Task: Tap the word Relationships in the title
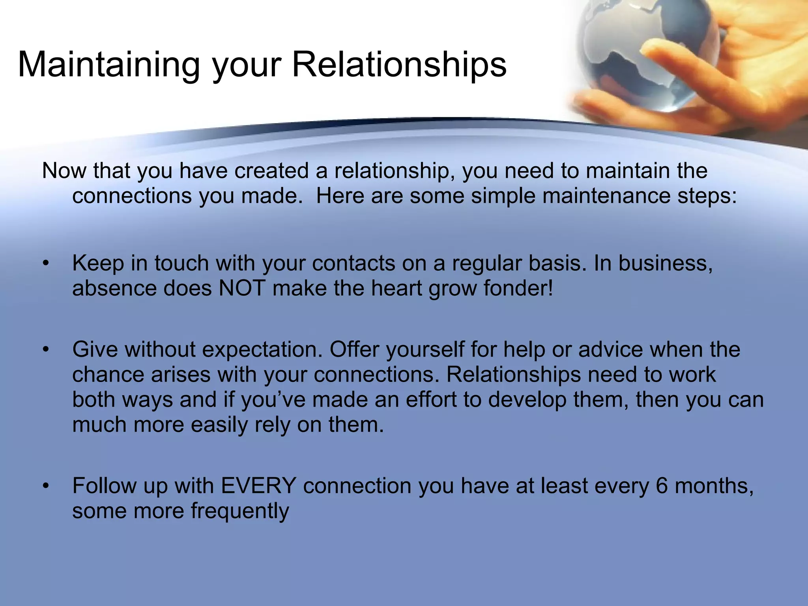coord(399,65)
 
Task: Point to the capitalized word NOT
coord(242,288)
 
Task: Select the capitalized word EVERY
coord(259,486)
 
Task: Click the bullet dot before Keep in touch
coord(46,264)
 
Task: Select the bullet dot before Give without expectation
coord(46,350)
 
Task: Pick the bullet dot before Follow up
coord(46,486)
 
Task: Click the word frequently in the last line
coord(240,511)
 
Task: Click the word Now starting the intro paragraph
coord(64,171)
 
